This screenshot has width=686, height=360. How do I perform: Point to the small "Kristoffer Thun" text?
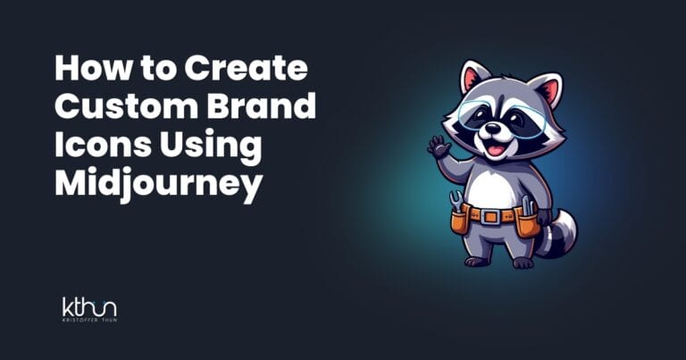pyautogui.click(x=89, y=320)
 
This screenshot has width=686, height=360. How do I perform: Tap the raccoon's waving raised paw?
pyautogui.click(x=439, y=146)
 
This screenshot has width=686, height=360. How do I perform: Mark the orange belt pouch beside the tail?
pyautogui.click(x=528, y=221)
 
